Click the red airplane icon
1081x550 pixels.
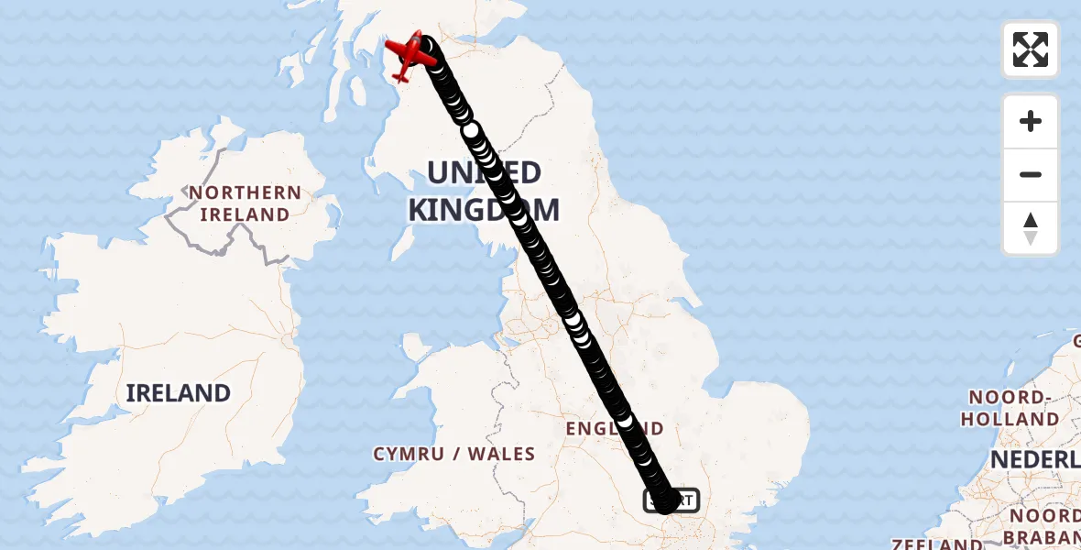pos(412,54)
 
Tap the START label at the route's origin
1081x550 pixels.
pos(672,500)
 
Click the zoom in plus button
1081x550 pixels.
pos(1031,121)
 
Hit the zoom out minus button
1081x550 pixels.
pos(1031,174)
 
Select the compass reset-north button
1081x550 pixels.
pos(1031,228)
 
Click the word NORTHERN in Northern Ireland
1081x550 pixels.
pos(245,193)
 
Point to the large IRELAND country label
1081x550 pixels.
pos(178,393)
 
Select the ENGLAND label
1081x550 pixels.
pos(614,429)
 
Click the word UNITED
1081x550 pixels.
pos(483,173)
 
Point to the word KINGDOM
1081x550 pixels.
pos(483,210)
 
